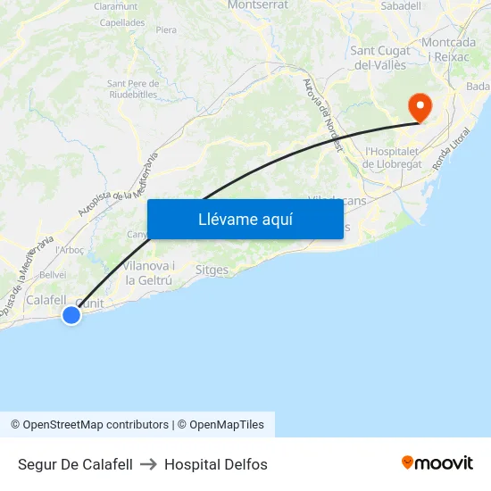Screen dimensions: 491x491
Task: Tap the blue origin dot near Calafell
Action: coord(71,314)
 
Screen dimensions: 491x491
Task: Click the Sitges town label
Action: coord(212,270)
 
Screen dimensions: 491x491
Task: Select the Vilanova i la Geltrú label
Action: coord(148,273)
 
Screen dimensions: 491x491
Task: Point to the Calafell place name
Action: coord(46,301)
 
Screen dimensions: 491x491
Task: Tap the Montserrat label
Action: coord(258,4)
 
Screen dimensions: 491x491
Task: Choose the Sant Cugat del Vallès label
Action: coord(381,57)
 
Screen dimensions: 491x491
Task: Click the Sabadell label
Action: coord(401,5)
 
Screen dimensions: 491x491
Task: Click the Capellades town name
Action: coord(122,22)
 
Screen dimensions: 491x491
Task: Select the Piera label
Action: coord(166,29)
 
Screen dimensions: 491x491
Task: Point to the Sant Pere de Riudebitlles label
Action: coord(133,89)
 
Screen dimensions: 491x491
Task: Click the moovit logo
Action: coord(437,463)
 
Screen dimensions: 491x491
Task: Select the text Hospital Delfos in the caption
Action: coord(216,464)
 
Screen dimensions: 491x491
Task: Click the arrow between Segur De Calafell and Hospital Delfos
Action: coord(148,464)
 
